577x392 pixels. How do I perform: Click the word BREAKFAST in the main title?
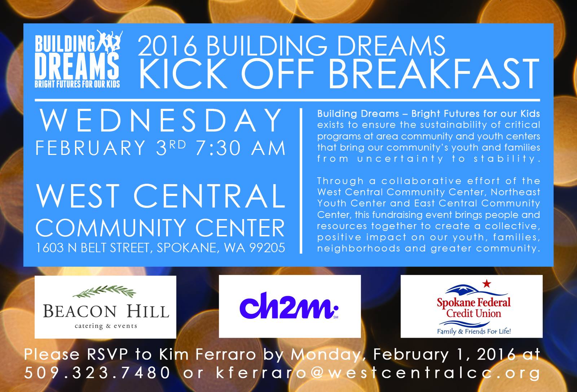coord(433,73)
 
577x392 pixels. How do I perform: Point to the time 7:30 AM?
coord(241,148)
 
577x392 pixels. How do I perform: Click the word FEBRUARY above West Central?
coord(91,148)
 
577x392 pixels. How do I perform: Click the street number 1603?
coord(50,248)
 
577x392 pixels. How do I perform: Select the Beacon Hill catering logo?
coord(105,307)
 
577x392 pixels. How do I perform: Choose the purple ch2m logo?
coord(289,306)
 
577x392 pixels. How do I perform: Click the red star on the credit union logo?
coord(486,284)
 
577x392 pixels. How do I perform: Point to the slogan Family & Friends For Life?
coord(474,331)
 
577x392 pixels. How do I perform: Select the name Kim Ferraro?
coord(208,355)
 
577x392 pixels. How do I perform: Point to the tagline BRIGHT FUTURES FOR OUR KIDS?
coord(77,84)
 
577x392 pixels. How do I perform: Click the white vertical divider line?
coord(301,181)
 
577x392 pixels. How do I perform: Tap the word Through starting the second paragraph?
coord(340,181)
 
